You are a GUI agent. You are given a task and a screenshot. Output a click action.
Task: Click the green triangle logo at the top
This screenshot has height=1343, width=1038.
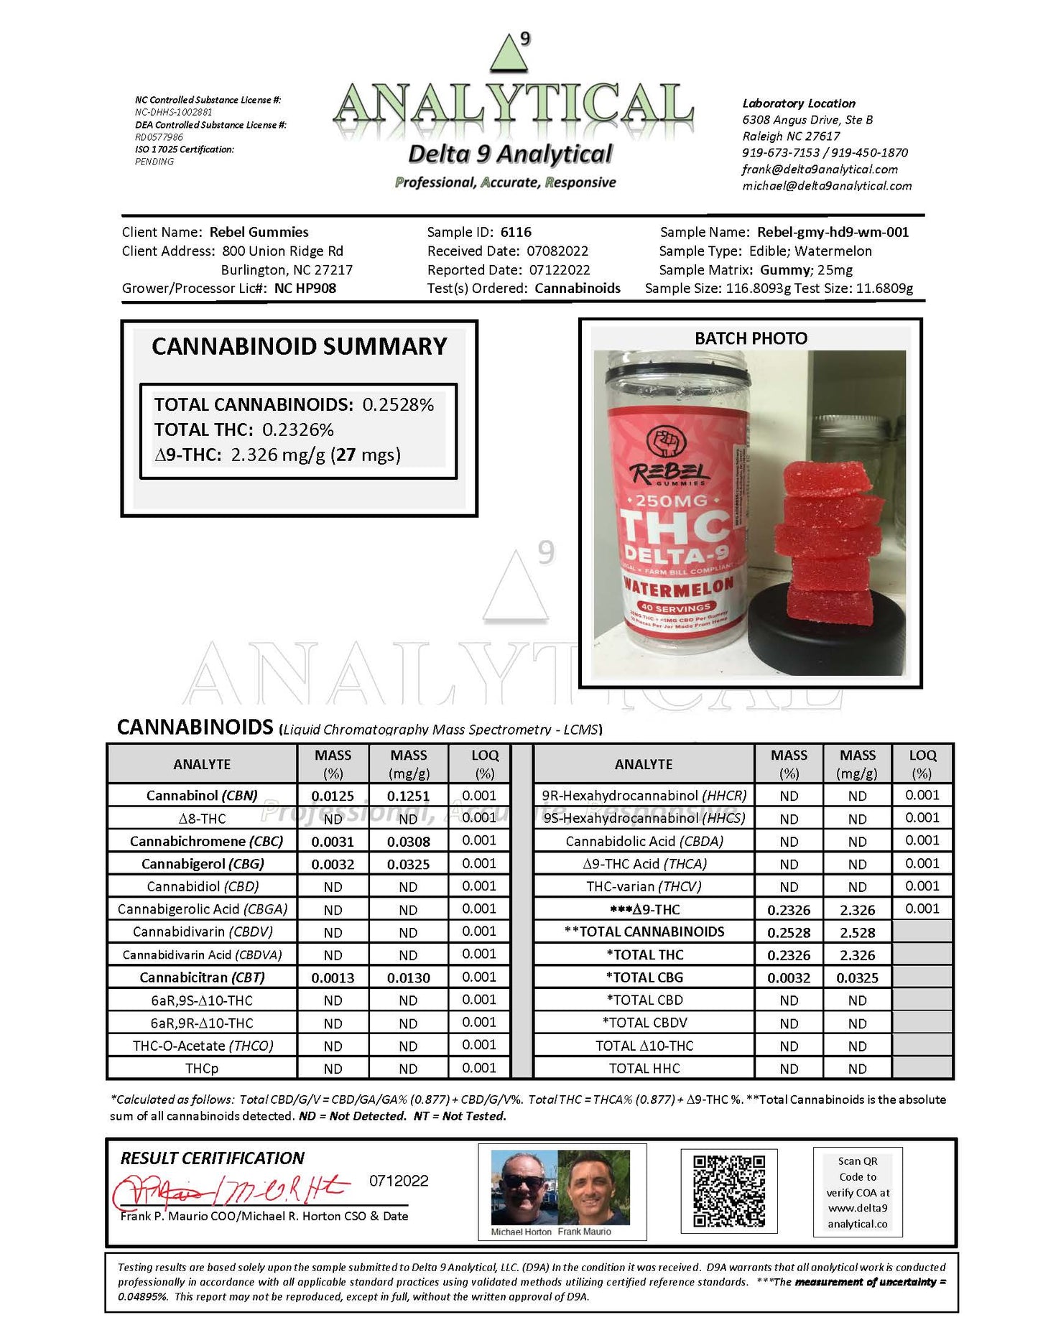click(509, 53)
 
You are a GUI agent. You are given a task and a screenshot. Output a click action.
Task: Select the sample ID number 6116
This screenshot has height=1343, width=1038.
click(516, 232)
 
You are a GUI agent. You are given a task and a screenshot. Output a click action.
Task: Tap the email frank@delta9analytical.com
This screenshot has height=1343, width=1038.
click(820, 169)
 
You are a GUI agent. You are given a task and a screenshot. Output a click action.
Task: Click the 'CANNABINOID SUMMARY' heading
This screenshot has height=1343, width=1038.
click(299, 346)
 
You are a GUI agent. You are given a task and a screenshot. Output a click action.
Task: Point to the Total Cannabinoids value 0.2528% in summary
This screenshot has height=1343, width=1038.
click(398, 405)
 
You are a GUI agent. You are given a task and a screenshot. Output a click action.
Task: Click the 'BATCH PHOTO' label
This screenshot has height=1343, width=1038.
click(751, 338)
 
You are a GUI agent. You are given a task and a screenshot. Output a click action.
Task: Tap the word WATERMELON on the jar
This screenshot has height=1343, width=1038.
click(678, 587)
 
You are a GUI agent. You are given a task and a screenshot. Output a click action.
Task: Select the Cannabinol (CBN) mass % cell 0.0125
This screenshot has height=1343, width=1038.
click(333, 796)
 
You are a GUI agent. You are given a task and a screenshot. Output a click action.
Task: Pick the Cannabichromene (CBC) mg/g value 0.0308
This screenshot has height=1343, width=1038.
click(408, 841)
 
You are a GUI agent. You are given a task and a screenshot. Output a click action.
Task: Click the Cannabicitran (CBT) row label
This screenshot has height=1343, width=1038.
click(202, 977)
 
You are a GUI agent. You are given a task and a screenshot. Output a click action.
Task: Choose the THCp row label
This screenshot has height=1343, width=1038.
click(202, 1069)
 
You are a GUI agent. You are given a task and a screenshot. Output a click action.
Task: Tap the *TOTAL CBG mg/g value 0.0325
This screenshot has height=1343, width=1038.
click(857, 977)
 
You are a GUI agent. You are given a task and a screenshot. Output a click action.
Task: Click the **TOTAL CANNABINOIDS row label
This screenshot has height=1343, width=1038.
click(644, 931)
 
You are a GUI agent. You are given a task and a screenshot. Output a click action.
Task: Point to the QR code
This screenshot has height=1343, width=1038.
click(728, 1191)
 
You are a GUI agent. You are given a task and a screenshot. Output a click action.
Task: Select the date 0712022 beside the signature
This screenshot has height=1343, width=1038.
click(399, 1181)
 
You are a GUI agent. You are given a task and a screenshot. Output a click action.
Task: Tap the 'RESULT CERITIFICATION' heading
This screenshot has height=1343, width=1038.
click(212, 1158)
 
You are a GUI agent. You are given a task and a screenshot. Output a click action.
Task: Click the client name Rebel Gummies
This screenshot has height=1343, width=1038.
click(259, 232)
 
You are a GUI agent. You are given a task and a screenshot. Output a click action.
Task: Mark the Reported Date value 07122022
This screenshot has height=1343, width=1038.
click(560, 270)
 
